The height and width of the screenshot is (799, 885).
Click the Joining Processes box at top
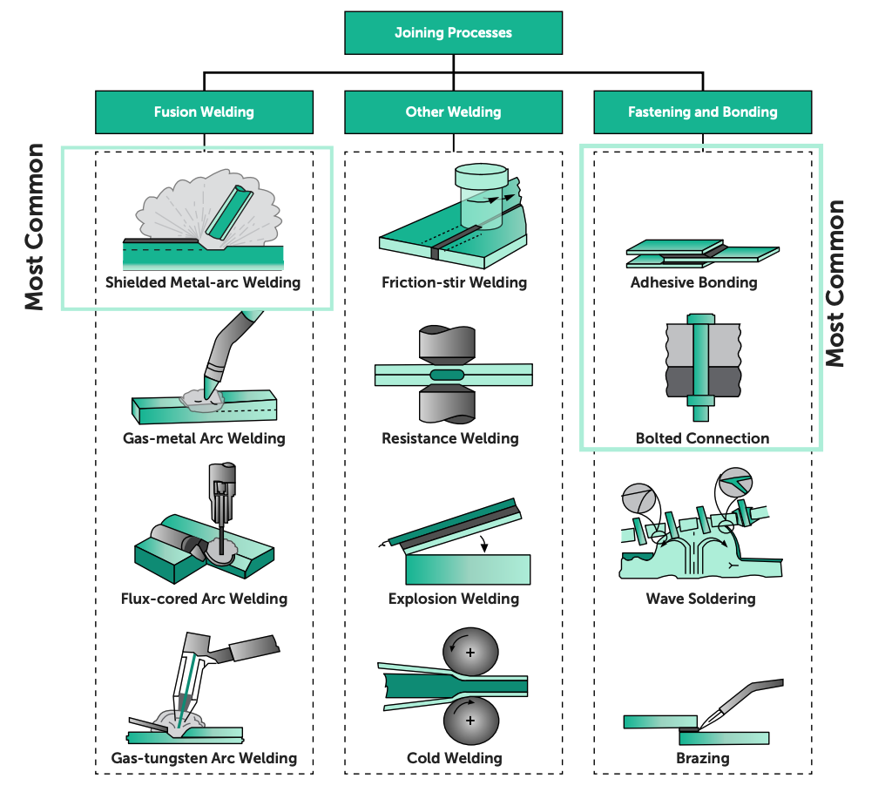453,33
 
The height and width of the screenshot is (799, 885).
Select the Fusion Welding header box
204,112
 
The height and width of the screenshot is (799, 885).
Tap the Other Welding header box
453,112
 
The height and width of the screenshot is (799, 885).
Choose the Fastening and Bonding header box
702,112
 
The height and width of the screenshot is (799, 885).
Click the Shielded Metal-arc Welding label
203,282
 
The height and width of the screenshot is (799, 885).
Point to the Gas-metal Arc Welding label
204,438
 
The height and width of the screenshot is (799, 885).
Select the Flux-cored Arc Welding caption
204,599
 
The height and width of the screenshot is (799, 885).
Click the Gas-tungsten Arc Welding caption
204,758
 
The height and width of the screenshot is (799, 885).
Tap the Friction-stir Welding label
454,282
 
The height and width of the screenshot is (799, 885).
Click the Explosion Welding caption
454,599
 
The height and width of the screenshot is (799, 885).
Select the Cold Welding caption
455,758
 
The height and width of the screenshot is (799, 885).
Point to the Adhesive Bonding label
694,282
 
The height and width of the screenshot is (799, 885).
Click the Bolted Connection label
702,438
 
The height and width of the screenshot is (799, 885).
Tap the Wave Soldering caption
700,599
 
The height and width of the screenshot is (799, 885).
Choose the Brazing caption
702,758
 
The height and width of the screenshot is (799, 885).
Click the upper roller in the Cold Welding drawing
470,652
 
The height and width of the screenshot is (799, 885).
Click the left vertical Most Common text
34,227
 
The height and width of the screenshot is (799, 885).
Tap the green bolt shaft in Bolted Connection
702,362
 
